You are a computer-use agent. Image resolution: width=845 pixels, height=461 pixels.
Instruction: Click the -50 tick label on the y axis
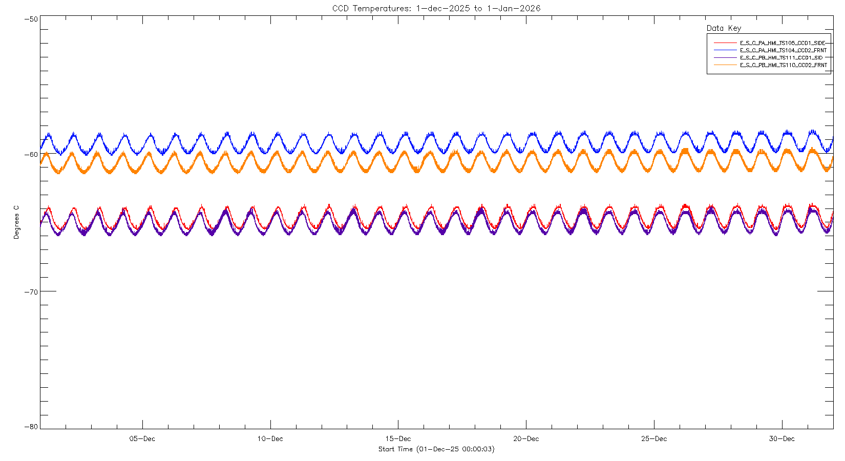pos(31,19)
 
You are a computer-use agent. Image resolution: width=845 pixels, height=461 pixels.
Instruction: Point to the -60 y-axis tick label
pos(31,154)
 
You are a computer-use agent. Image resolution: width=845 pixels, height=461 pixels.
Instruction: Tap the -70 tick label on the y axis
pos(31,292)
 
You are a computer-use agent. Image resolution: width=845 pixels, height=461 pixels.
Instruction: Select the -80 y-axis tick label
pos(31,427)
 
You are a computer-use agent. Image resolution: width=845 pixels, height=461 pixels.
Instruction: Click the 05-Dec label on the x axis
pos(142,439)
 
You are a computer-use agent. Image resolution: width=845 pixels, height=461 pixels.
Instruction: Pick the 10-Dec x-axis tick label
pos(270,439)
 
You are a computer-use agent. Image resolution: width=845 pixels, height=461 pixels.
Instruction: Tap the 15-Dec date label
pos(398,439)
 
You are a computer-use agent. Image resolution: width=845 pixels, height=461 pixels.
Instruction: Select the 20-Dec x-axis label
pos(526,439)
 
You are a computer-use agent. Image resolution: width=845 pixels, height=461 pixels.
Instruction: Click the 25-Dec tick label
pos(654,439)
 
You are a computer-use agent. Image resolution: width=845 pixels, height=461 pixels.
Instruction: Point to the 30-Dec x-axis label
pos(781,439)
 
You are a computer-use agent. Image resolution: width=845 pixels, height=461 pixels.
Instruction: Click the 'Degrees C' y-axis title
pos(16,222)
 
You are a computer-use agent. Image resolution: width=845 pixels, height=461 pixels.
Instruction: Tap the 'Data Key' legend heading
pos(724,28)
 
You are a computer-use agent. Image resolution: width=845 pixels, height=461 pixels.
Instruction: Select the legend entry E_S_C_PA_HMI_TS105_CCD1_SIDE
pos(783,43)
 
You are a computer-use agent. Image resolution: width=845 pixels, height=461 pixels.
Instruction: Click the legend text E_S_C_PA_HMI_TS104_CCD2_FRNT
pos(783,50)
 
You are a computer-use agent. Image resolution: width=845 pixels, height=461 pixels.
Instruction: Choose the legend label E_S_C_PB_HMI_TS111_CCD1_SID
pos(781,58)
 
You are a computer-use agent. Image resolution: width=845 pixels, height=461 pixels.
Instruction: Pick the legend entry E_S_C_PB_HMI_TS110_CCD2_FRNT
pos(783,65)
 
